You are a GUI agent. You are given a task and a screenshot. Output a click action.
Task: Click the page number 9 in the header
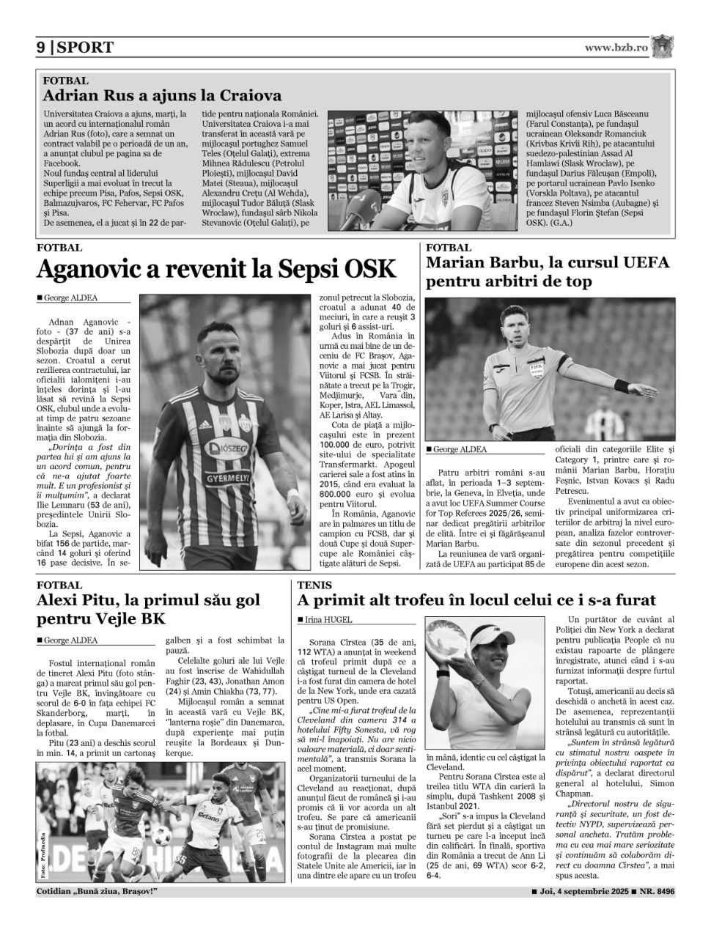point(41,48)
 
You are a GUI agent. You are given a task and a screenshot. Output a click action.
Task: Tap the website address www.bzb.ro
point(616,47)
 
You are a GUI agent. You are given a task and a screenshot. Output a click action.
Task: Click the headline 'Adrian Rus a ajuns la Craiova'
point(162,95)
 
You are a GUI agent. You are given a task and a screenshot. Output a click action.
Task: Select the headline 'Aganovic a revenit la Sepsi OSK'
point(216,270)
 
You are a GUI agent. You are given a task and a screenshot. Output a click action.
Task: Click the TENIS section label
point(314,585)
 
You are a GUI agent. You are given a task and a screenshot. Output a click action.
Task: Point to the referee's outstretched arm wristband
point(622,385)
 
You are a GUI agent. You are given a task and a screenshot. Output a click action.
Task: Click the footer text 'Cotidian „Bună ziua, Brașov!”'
point(97,892)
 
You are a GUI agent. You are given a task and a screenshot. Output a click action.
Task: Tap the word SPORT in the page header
point(85,48)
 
